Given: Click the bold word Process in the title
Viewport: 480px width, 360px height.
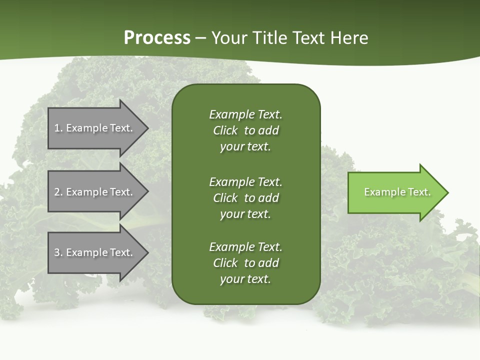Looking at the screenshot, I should click(x=157, y=38).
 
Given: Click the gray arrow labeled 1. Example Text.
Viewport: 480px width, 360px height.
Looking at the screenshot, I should click(x=95, y=128).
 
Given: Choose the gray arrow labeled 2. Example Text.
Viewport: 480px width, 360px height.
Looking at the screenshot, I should click(x=95, y=192).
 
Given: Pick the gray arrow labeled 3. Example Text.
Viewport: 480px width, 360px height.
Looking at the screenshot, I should click(x=95, y=252).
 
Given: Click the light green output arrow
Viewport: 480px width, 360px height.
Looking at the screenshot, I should click(x=395, y=192).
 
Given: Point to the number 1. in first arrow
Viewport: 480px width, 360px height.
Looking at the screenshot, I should click(x=58, y=128).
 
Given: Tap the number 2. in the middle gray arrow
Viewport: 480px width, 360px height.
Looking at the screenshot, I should click(x=58, y=192).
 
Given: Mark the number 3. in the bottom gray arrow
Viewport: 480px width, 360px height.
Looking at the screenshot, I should click(x=58, y=252).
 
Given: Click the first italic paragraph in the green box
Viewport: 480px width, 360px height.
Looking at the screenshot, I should click(x=245, y=130).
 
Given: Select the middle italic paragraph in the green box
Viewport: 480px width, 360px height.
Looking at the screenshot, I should click(x=245, y=198).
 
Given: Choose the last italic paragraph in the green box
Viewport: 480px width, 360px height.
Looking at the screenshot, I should click(x=245, y=263).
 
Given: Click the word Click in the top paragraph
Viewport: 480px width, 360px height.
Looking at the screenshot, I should click(x=225, y=130).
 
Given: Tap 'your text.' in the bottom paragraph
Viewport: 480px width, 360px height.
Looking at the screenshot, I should click(x=245, y=279).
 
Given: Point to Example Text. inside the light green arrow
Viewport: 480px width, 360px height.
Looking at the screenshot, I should click(x=397, y=192).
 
